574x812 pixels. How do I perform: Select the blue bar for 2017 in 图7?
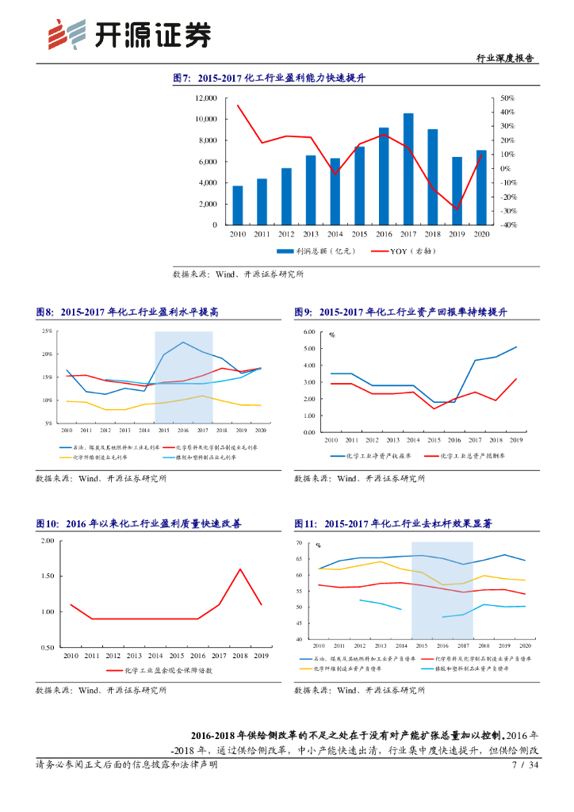408,169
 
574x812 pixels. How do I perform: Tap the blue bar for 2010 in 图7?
237,205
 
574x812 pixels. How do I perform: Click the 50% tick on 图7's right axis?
508,98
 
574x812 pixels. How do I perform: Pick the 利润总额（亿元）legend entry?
314,251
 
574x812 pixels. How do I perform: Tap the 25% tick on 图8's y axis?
48,331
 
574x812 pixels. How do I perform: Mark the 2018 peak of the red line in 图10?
240,569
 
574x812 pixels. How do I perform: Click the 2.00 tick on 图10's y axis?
46,541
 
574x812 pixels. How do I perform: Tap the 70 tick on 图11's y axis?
299,543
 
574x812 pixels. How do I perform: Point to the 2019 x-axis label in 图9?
516,439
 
